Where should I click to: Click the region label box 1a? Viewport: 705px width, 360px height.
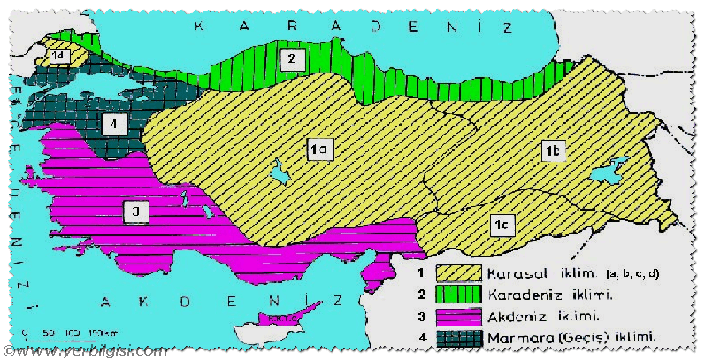318,151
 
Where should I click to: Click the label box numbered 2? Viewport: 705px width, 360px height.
291,59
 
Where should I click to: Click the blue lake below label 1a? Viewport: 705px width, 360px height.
282,172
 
